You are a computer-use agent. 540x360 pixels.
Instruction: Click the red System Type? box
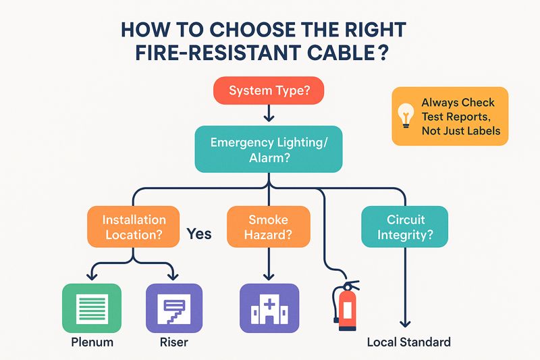[x=269, y=91]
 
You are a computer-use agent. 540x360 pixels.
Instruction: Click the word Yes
[x=198, y=234]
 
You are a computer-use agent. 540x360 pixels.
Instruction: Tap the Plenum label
[x=92, y=342]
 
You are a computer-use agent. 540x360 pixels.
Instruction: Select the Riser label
[x=174, y=342]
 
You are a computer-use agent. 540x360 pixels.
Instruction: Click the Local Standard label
[x=408, y=342]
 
